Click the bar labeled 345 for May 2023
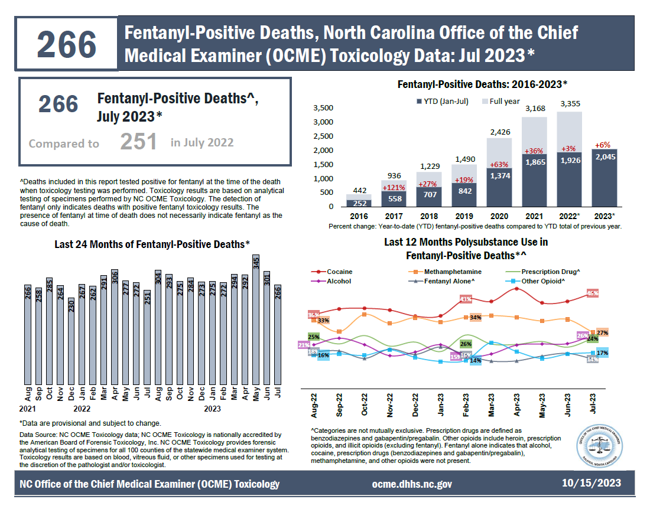[256, 322]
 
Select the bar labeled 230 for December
[71, 342]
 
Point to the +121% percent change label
[381, 172]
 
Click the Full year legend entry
[499, 102]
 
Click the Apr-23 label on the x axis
[517, 405]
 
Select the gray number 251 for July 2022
[139, 142]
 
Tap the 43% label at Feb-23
[466, 299]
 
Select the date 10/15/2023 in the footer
[591, 483]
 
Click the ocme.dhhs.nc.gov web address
[412, 484]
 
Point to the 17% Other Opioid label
[602, 353]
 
